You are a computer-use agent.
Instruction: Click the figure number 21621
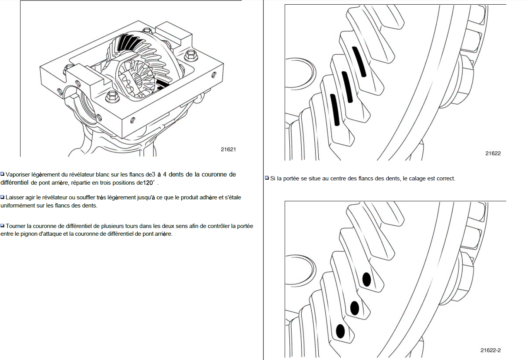pyautogui.click(x=228, y=149)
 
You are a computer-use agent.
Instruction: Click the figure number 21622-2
pyautogui.click(x=490, y=350)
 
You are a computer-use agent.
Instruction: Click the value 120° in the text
pyautogui.click(x=149, y=183)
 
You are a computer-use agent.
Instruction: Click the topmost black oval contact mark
pyautogui.click(x=366, y=279)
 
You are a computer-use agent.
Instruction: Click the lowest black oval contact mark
pyautogui.click(x=340, y=331)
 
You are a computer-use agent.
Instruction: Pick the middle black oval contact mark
pyautogui.click(x=354, y=308)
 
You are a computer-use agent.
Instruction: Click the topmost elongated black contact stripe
pyautogui.click(x=359, y=62)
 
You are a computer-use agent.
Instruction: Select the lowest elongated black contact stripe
pyautogui.click(x=335, y=110)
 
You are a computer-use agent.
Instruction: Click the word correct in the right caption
pyautogui.click(x=446, y=178)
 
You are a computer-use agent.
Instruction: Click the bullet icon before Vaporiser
pyautogui.click(x=3, y=174)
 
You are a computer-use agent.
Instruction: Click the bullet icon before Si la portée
pyautogui.click(x=267, y=178)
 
